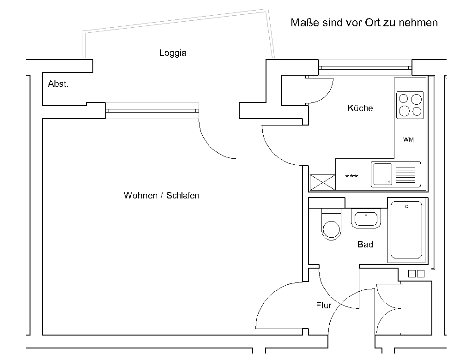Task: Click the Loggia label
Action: [173, 53]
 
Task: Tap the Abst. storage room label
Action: [58, 84]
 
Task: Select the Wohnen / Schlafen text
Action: [161, 195]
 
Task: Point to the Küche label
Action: [360, 108]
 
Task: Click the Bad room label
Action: [365, 244]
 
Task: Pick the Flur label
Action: [324, 305]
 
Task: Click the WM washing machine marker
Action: [408, 139]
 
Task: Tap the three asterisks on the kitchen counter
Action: [351, 176]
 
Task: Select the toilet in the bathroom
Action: [331, 224]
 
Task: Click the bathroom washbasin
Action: [366, 218]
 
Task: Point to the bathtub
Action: [406, 230]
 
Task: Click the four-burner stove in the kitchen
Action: [410, 105]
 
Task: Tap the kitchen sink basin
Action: [382, 174]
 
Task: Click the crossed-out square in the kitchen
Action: [322, 182]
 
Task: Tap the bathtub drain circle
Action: [406, 206]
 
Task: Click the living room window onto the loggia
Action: [152, 111]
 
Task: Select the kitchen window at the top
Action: [365, 68]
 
